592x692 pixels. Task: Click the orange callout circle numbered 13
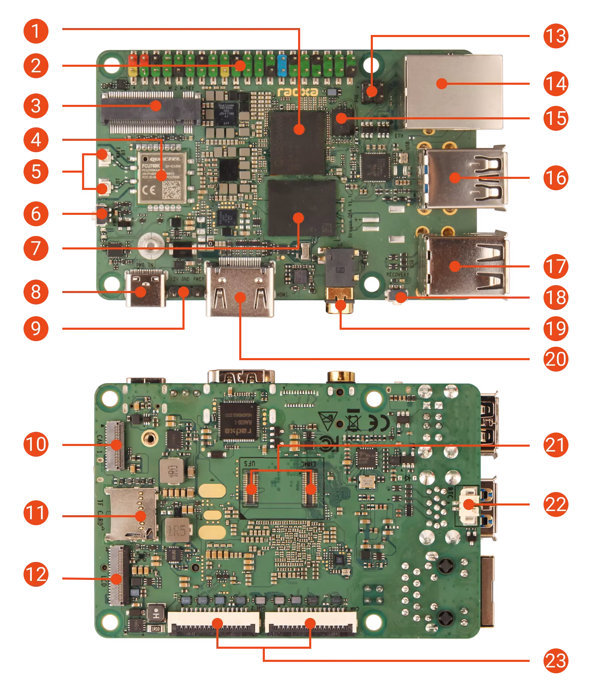[x=556, y=36]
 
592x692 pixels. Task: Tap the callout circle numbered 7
[x=36, y=248]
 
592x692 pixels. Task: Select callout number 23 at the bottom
[x=556, y=661]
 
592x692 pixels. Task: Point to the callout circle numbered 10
[x=36, y=444]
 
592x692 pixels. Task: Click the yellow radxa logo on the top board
[x=298, y=92]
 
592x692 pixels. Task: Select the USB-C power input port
[x=145, y=289]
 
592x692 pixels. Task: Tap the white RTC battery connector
[x=468, y=506]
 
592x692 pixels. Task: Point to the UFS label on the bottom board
[x=250, y=463]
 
